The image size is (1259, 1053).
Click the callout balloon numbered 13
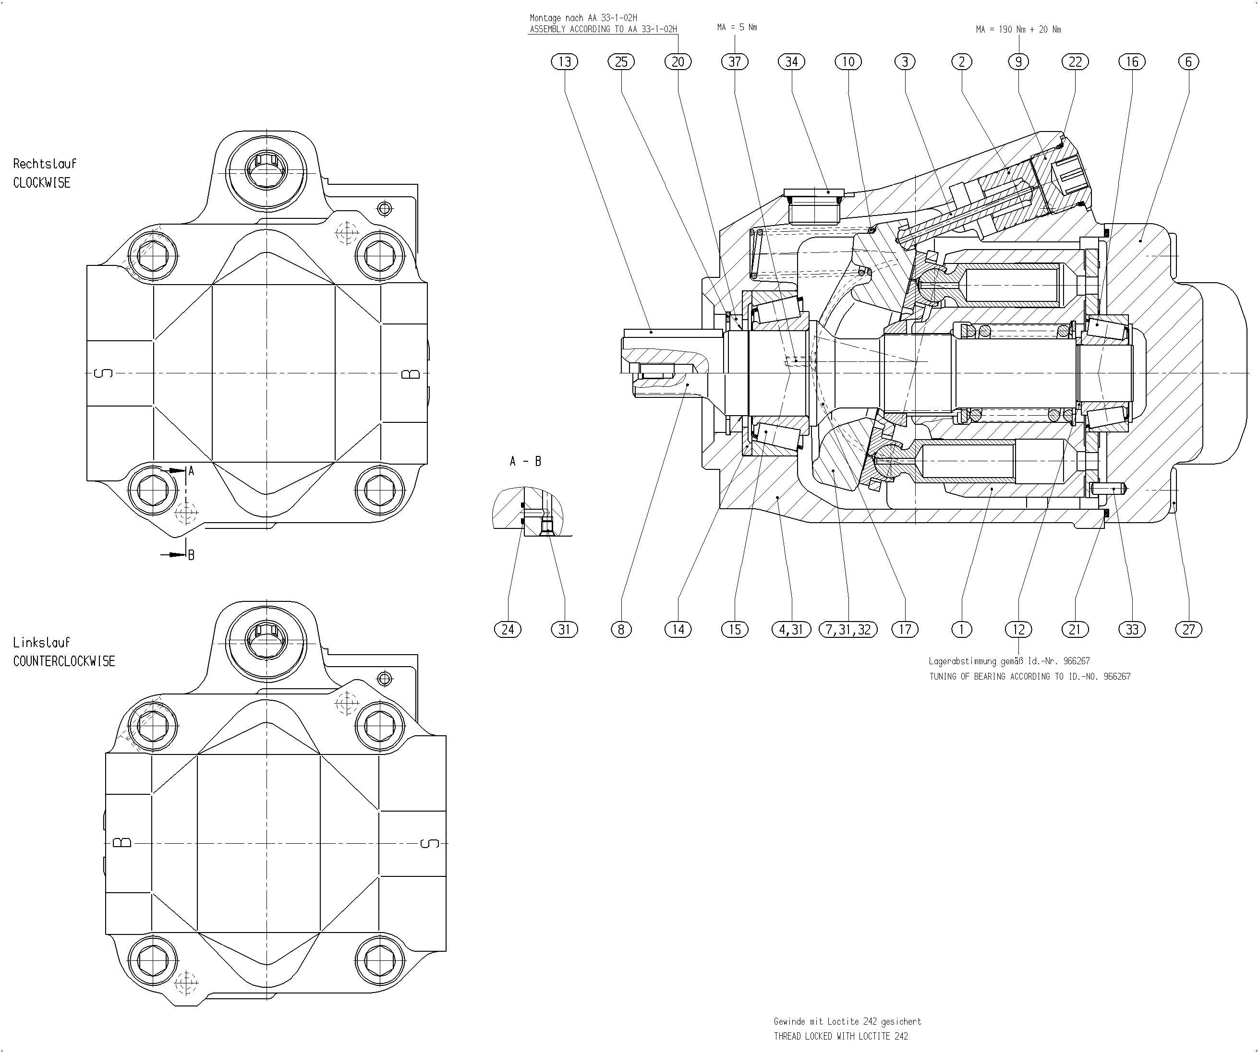pyautogui.click(x=564, y=62)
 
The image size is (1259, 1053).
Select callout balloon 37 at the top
pyautogui.click(x=735, y=62)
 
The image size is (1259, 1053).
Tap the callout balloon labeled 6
pyautogui.click(x=1188, y=62)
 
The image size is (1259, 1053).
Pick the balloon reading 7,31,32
pyautogui.click(x=847, y=629)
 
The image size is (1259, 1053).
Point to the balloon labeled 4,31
pyautogui.click(x=791, y=629)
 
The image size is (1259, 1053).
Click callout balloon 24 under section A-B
pyautogui.click(x=508, y=629)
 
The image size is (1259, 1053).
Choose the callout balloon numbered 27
pyautogui.click(x=1188, y=629)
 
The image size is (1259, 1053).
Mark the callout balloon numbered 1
pyautogui.click(x=962, y=629)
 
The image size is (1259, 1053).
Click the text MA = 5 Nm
pyautogui.click(x=737, y=27)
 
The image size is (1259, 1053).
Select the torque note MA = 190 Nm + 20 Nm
pyautogui.click(x=1018, y=29)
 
